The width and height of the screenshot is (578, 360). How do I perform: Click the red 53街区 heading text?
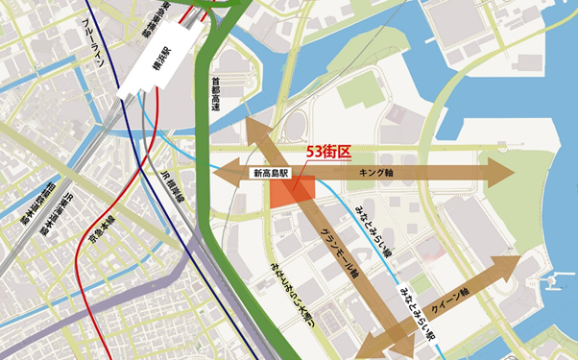[x=329, y=153]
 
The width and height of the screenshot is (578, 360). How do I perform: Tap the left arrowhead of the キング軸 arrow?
[x=224, y=175]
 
